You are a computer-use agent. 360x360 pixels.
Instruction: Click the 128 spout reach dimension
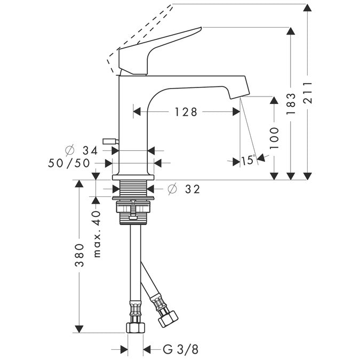click(186, 112)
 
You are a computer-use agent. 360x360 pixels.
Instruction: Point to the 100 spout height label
click(274, 138)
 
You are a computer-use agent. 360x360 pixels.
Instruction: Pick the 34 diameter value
click(91, 151)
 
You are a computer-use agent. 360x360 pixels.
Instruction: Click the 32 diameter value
click(191, 189)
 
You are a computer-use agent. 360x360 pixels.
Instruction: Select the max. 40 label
click(96, 234)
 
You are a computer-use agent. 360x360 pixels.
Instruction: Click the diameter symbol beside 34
click(69, 151)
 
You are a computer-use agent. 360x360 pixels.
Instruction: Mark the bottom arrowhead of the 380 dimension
click(79, 328)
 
